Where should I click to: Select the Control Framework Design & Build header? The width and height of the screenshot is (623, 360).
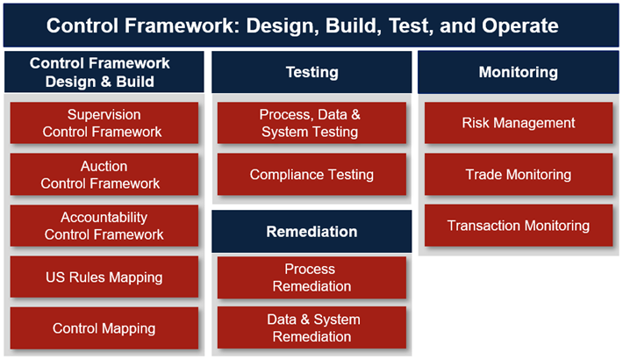[104, 72]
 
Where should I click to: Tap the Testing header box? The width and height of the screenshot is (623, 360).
[311, 72]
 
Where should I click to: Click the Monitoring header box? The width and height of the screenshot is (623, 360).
[518, 72]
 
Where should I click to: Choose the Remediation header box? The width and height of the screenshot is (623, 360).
[311, 232]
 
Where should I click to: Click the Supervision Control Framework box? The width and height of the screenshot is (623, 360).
[104, 123]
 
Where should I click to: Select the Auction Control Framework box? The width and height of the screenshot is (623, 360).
[104, 175]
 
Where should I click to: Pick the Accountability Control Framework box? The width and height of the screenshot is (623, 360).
[104, 226]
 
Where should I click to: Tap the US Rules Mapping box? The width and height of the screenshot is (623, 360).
[104, 277]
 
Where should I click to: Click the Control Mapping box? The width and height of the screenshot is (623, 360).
[104, 328]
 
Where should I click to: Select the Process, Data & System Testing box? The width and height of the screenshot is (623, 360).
[311, 123]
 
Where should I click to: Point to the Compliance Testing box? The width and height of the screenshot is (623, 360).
[311, 175]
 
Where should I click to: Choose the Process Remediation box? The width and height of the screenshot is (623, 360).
[311, 277]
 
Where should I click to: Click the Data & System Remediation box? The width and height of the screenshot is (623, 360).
[311, 328]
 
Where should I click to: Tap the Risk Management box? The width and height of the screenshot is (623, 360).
[518, 123]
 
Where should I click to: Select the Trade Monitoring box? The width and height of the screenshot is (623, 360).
[518, 175]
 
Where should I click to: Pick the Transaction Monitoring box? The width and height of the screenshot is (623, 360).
[518, 226]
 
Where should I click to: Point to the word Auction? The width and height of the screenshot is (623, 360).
[104, 166]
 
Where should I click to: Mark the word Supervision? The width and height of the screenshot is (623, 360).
[104, 115]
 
